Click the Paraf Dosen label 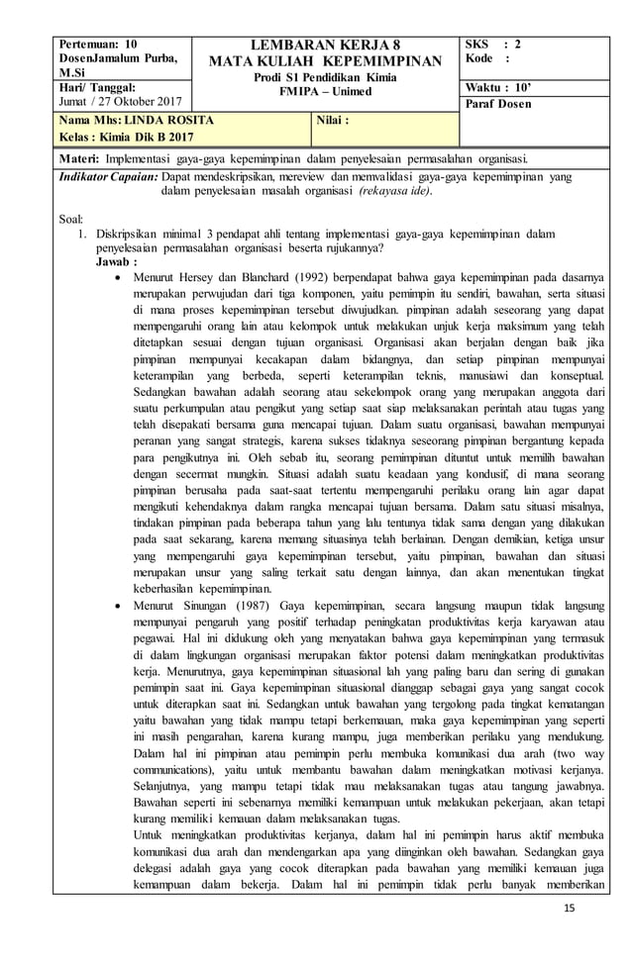[x=498, y=104]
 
